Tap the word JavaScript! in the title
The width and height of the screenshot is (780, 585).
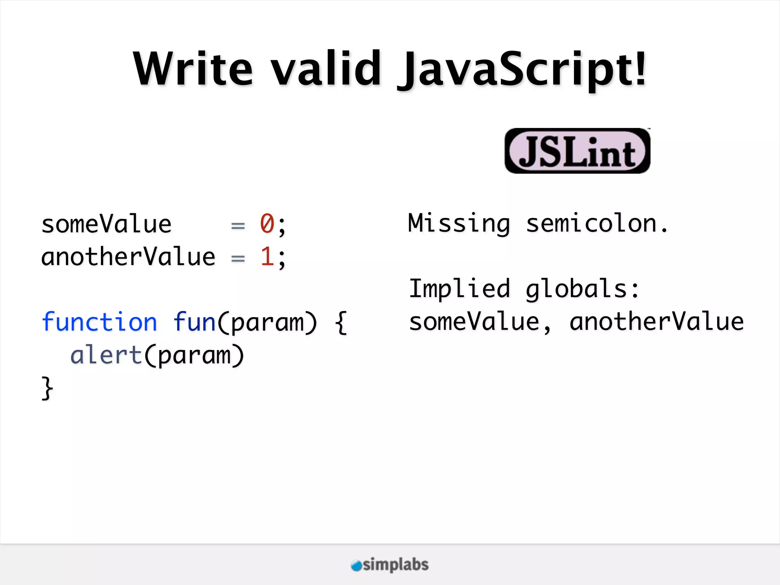522,70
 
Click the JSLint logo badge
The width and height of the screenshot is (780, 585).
577,151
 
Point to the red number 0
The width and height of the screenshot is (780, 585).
267,224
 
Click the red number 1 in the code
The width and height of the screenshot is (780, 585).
267,256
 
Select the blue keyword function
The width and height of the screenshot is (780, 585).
99,322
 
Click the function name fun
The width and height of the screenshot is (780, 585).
195,322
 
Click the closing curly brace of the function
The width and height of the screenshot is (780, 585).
47,388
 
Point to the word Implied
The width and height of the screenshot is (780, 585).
459,289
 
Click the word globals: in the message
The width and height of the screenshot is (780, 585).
582,289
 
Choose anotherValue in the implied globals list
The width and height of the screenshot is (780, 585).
656,322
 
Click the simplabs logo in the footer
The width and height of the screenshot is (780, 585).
390,565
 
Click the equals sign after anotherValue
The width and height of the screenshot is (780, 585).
238,258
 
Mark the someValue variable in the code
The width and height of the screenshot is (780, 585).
106,224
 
